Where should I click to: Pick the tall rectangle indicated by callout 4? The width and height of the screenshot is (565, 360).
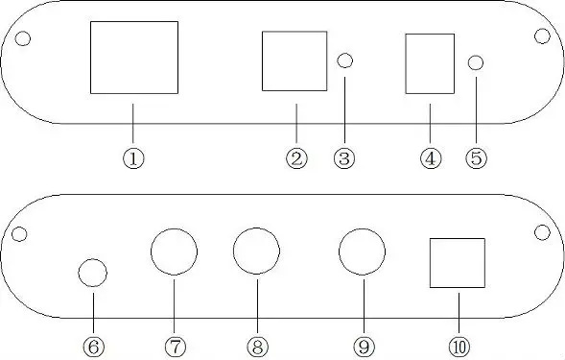coord(430,64)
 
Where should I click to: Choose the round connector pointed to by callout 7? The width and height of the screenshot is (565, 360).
coord(175,252)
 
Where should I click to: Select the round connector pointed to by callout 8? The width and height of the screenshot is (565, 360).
coord(256,252)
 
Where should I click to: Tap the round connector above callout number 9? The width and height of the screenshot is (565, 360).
coord(364,252)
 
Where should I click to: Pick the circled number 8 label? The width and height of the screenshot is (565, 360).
coord(256,343)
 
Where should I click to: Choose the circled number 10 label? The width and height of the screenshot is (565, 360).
coord(458,343)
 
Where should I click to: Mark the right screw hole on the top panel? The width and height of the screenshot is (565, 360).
coord(542,36)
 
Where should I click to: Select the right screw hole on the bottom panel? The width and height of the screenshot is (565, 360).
coord(542,231)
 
